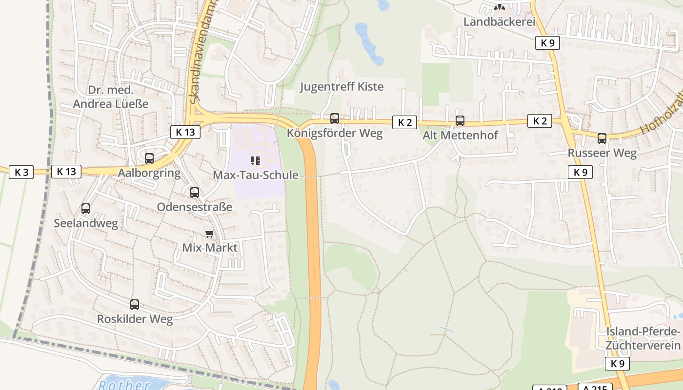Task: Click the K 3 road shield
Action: (x=21, y=172)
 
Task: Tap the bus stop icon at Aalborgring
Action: (x=149, y=158)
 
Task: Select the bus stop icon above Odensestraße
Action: (x=195, y=193)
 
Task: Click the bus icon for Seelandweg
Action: (x=86, y=209)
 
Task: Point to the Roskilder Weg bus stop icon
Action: (x=135, y=305)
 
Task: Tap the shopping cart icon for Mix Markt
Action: (x=210, y=234)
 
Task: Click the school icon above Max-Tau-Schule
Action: (x=255, y=160)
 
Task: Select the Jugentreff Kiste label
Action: (x=341, y=87)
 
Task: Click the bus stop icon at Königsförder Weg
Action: (x=335, y=118)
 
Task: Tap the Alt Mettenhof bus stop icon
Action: (x=460, y=120)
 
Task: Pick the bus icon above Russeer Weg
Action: (x=602, y=138)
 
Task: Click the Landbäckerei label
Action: (x=499, y=22)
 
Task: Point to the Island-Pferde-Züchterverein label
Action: (x=643, y=338)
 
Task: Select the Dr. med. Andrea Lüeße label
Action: (x=111, y=97)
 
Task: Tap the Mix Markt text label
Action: (x=210, y=248)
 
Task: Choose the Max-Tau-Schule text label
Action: (x=255, y=175)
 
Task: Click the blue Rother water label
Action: (x=124, y=385)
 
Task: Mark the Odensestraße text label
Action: (x=195, y=207)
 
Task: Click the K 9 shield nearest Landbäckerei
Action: (x=547, y=43)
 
